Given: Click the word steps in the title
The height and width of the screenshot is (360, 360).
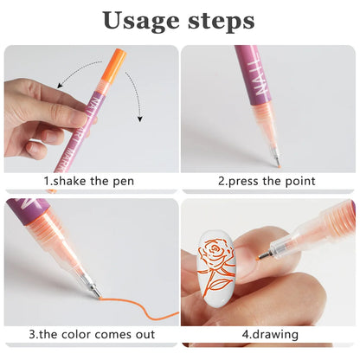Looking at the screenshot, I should (x=220, y=22).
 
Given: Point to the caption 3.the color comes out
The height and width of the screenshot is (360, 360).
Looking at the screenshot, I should (x=91, y=335).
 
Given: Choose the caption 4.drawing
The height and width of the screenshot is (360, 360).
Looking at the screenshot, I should (x=267, y=335).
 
